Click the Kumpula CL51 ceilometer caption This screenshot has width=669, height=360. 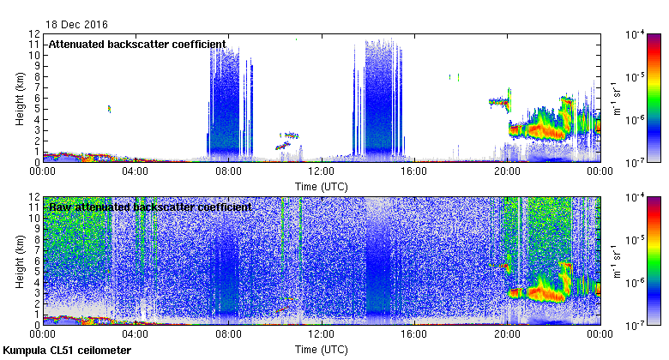[x=67, y=351]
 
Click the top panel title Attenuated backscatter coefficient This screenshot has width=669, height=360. [x=137, y=44]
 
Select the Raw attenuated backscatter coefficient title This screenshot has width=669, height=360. [x=150, y=207]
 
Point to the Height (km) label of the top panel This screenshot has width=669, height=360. [x=18, y=98]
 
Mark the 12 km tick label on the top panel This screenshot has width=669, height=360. [x=33, y=34]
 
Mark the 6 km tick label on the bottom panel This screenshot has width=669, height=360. [x=36, y=261]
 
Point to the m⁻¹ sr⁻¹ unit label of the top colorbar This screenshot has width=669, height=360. [x=616, y=98]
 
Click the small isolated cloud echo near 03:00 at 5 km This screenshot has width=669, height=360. [x=109, y=109]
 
